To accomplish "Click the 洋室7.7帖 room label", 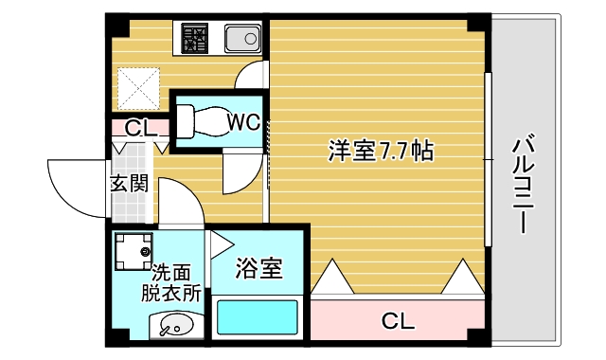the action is (381, 150).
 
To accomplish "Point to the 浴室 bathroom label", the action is (258, 269).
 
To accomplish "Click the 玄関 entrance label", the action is (129, 184).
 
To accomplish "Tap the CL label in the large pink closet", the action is (399, 321).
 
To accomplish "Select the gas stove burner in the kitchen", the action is (197, 40).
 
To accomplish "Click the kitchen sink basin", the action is (242, 40).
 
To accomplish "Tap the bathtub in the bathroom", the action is (258, 317).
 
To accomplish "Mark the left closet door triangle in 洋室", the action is (332, 279).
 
